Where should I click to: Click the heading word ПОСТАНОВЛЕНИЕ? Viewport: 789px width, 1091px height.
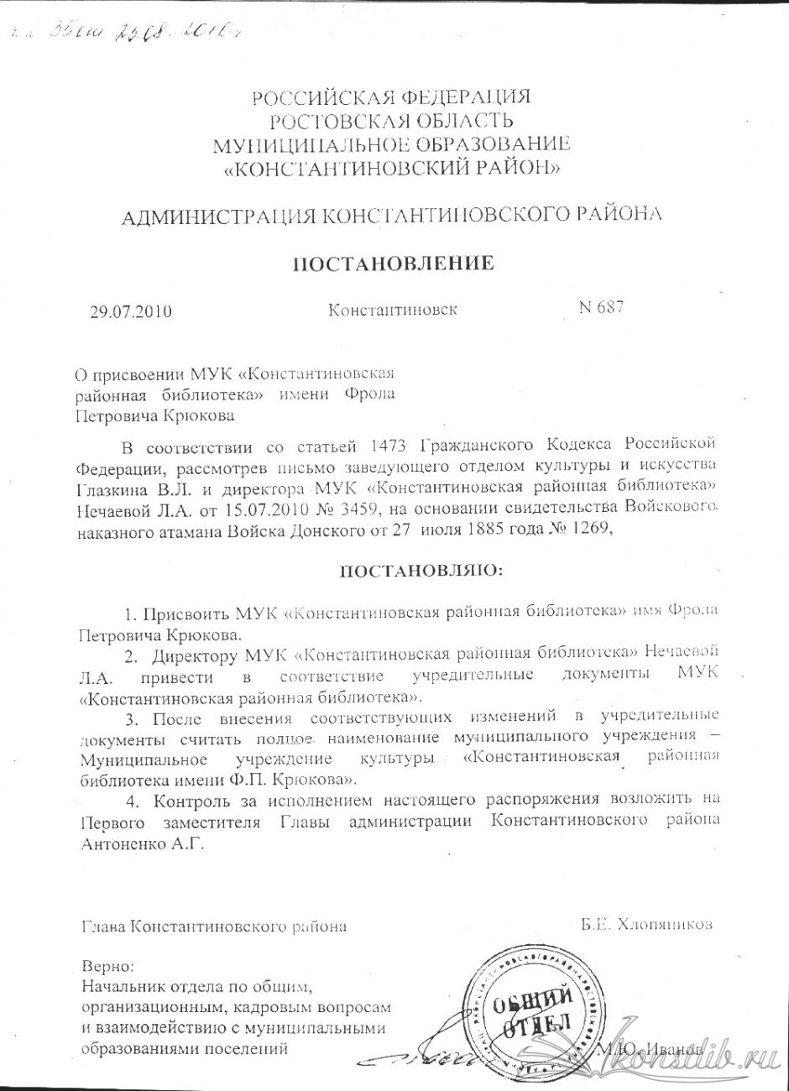(x=392, y=264)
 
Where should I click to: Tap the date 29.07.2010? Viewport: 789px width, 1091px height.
(x=130, y=312)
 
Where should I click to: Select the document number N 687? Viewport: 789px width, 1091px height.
(x=601, y=307)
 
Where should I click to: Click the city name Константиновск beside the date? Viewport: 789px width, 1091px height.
(x=393, y=310)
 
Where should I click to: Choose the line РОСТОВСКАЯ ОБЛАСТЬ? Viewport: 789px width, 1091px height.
(x=393, y=122)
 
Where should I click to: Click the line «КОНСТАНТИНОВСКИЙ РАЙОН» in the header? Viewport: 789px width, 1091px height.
(x=393, y=169)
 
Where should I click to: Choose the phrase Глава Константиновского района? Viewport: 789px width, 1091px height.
(x=213, y=927)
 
